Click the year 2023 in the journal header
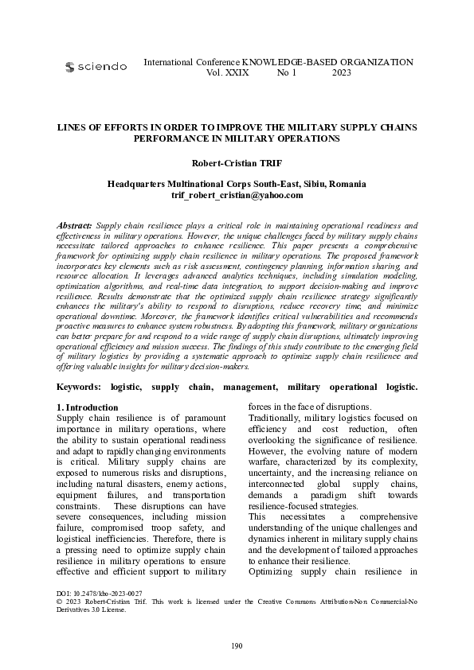341,72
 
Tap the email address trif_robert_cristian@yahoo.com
237,195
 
